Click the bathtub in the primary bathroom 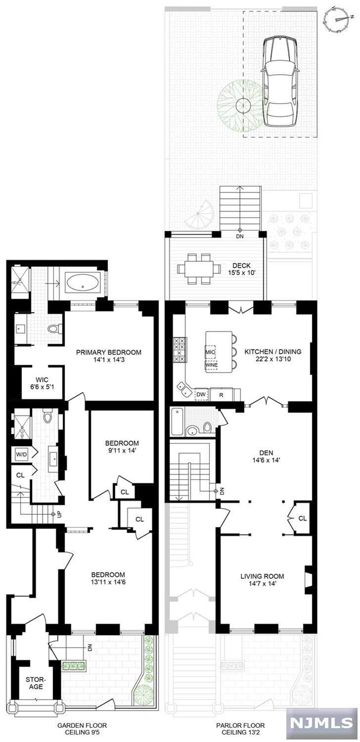(x=84, y=282)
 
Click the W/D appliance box (x=21, y=453)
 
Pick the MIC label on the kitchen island (x=210, y=353)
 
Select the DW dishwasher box (x=201, y=394)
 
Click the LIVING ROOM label (x=262, y=579)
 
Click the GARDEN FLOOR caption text (x=82, y=730)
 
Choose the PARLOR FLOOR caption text (x=240, y=730)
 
